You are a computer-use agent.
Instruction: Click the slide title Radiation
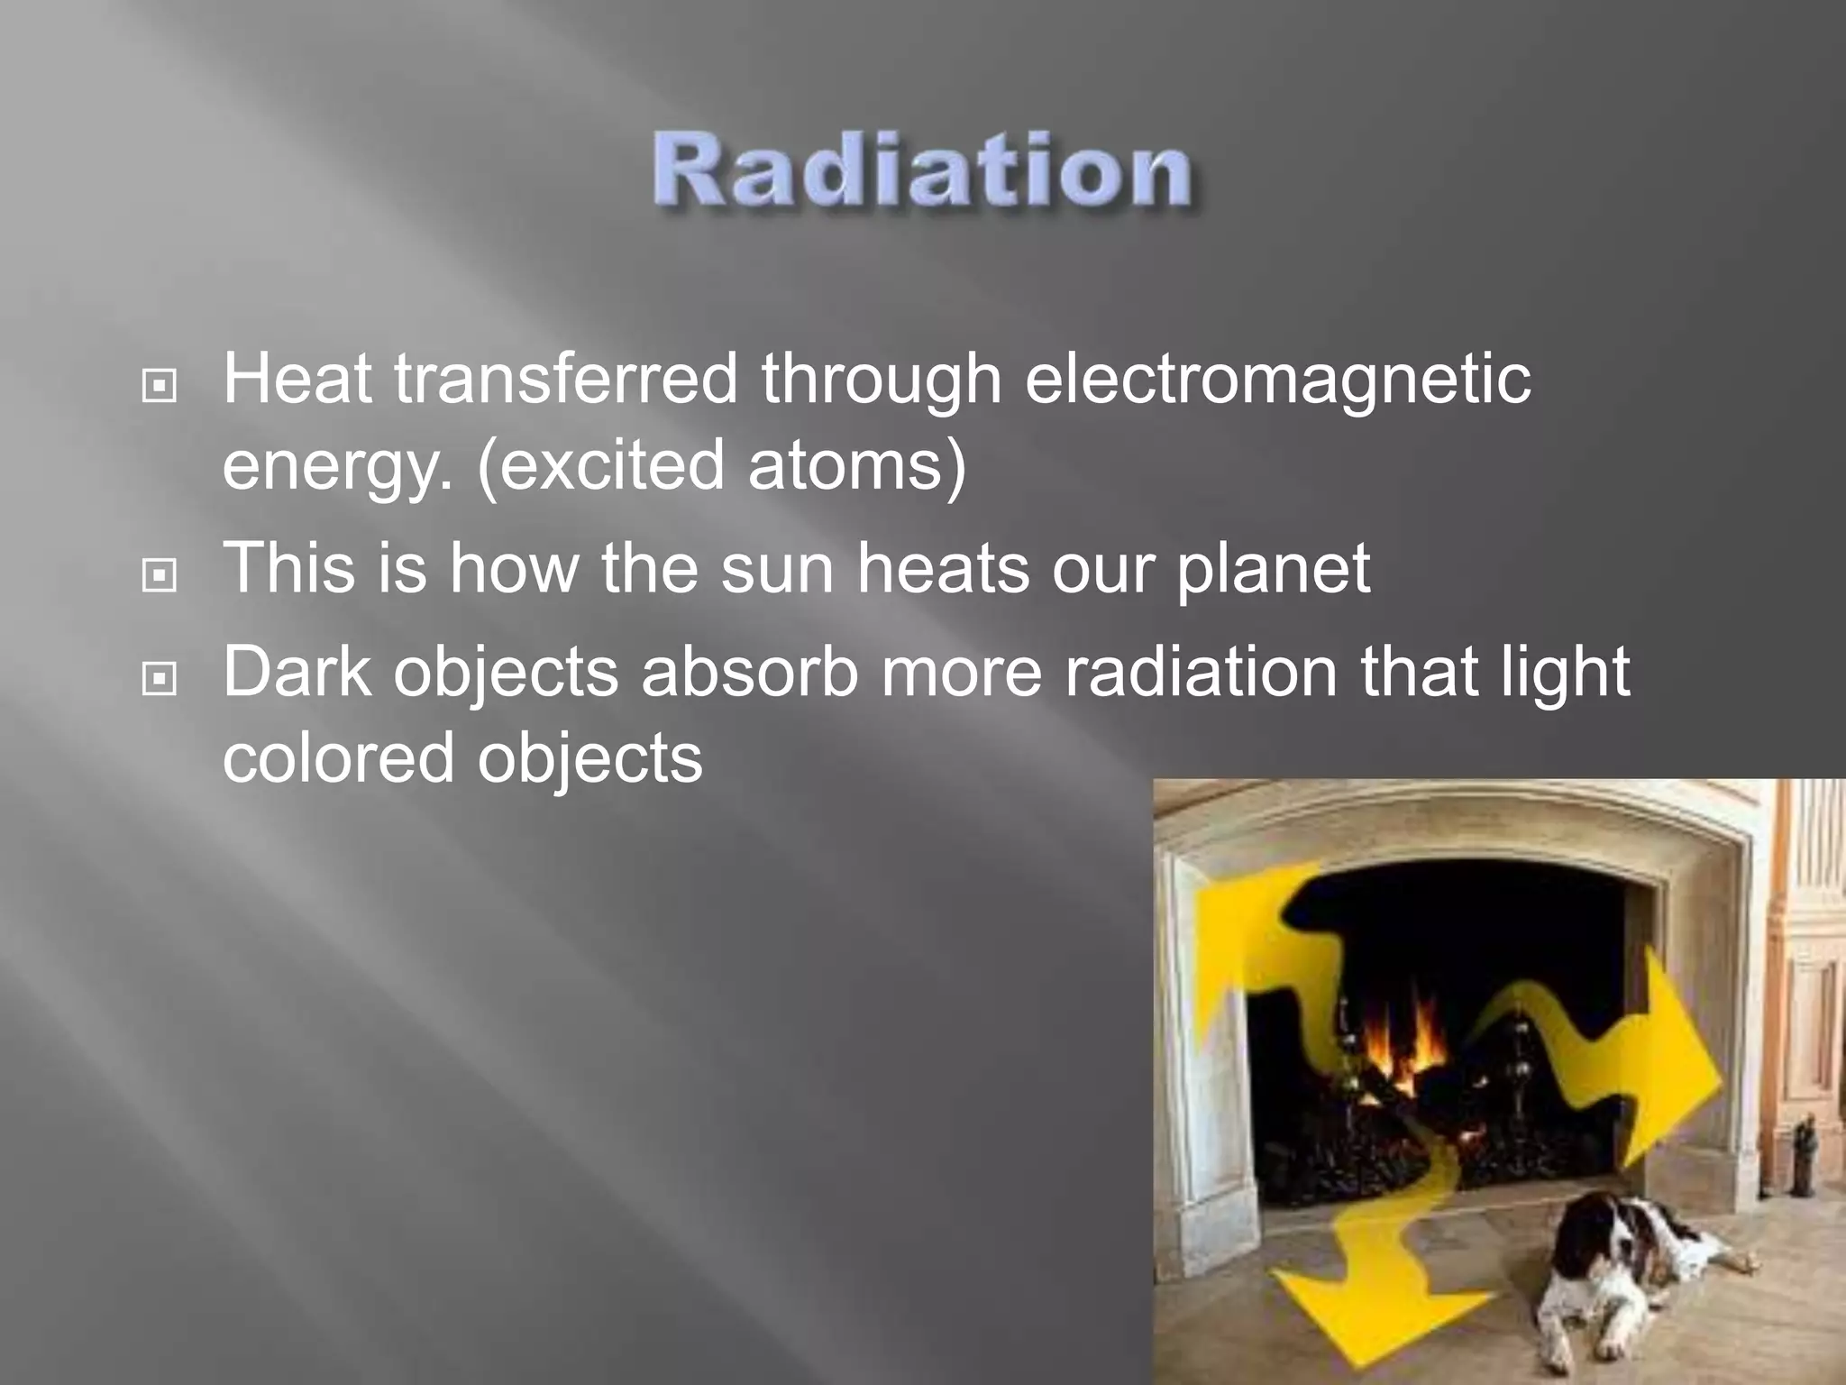[922, 171]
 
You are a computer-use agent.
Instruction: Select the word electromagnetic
[1277, 381]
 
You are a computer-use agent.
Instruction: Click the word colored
[338, 758]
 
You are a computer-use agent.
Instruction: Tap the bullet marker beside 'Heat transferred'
[160, 387]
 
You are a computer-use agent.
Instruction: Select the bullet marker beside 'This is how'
[160, 575]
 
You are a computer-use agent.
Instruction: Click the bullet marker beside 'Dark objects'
[160, 678]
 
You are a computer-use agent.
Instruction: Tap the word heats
[942, 569]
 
